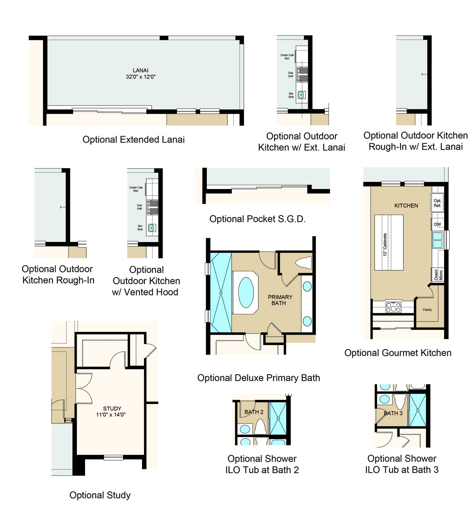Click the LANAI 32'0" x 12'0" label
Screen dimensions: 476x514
(141, 73)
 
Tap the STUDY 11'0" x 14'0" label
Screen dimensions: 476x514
(111, 411)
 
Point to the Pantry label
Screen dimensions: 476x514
(427, 310)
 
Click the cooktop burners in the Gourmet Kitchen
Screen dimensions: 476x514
(393, 307)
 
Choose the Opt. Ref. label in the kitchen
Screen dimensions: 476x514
(437, 203)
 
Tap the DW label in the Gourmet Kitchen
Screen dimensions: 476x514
(437, 224)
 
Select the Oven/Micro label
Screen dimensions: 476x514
(438, 275)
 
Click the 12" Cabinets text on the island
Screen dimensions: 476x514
(385, 245)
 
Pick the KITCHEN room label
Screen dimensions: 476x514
(406, 206)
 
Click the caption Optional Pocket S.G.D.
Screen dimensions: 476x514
(257, 219)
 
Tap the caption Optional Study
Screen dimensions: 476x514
(100, 495)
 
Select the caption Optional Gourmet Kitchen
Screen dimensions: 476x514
(398, 353)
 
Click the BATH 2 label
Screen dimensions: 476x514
(254, 412)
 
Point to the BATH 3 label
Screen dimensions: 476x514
(393, 413)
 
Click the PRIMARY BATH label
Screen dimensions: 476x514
(280, 300)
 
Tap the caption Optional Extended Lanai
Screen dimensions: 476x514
(134, 139)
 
